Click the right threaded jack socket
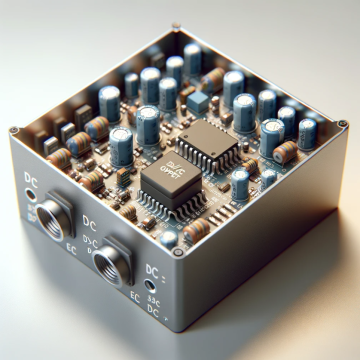109,259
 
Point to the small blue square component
197,101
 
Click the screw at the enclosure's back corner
177,27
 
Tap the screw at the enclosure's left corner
13,130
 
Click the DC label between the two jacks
91,222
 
